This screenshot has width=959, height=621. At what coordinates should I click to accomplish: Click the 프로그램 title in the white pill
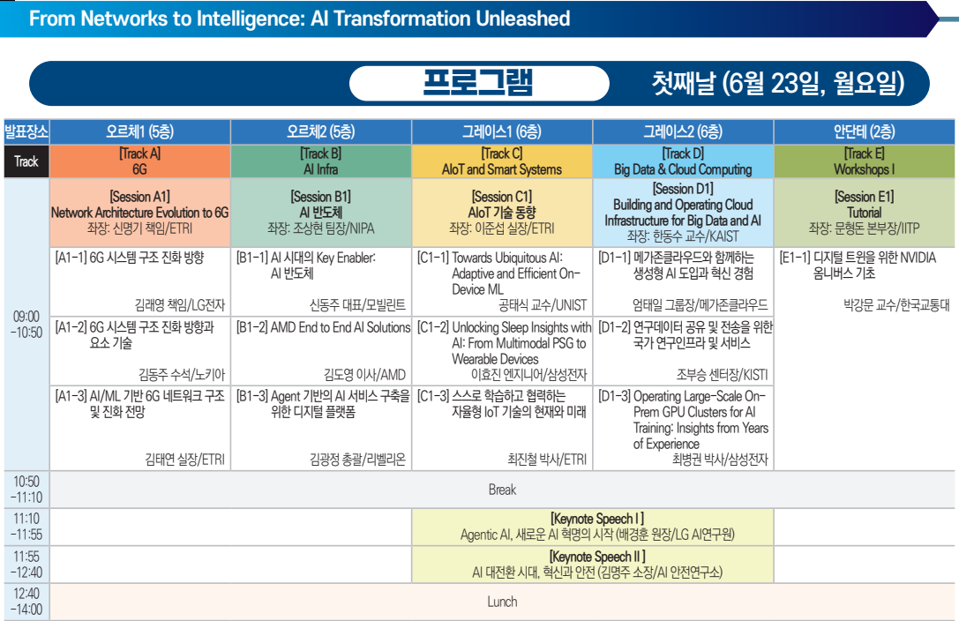(x=478, y=83)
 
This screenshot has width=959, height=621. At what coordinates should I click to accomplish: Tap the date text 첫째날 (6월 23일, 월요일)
(x=778, y=83)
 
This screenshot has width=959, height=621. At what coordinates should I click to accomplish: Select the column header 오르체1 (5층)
(x=140, y=131)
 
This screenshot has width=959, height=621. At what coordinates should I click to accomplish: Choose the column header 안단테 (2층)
(x=865, y=131)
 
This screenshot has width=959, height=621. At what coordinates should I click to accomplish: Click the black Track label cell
(x=26, y=161)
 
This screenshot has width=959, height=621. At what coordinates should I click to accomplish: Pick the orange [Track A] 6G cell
(x=140, y=161)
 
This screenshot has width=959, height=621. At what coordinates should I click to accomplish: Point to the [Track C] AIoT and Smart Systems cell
(x=502, y=161)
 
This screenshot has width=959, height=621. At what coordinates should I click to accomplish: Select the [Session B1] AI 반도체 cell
(x=321, y=213)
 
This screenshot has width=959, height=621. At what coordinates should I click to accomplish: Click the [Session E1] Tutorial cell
(x=865, y=213)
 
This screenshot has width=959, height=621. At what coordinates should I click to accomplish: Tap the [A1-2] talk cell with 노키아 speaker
(x=140, y=350)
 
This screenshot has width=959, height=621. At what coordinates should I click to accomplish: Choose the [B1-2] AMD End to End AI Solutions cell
(x=321, y=350)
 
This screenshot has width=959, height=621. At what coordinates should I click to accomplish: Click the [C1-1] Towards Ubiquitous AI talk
(x=502, y=281)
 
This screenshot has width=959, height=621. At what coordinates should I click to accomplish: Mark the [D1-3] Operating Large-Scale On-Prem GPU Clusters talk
(x=683, y=428)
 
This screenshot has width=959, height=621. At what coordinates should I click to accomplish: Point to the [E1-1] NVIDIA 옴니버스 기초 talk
(x=865, y=281)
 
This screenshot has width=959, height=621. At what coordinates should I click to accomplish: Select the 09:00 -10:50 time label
(x=26, y=325)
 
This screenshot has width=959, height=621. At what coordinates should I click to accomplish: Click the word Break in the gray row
(x=502, y=490)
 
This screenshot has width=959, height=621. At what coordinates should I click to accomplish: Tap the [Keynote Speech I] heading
(x=597, y=519)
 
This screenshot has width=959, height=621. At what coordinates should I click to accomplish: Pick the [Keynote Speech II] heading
(x=597, y=557)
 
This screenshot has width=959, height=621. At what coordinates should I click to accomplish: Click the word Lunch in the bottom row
(x=502, y=602)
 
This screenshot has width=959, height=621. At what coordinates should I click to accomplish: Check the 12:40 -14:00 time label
(x=26, y=602)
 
